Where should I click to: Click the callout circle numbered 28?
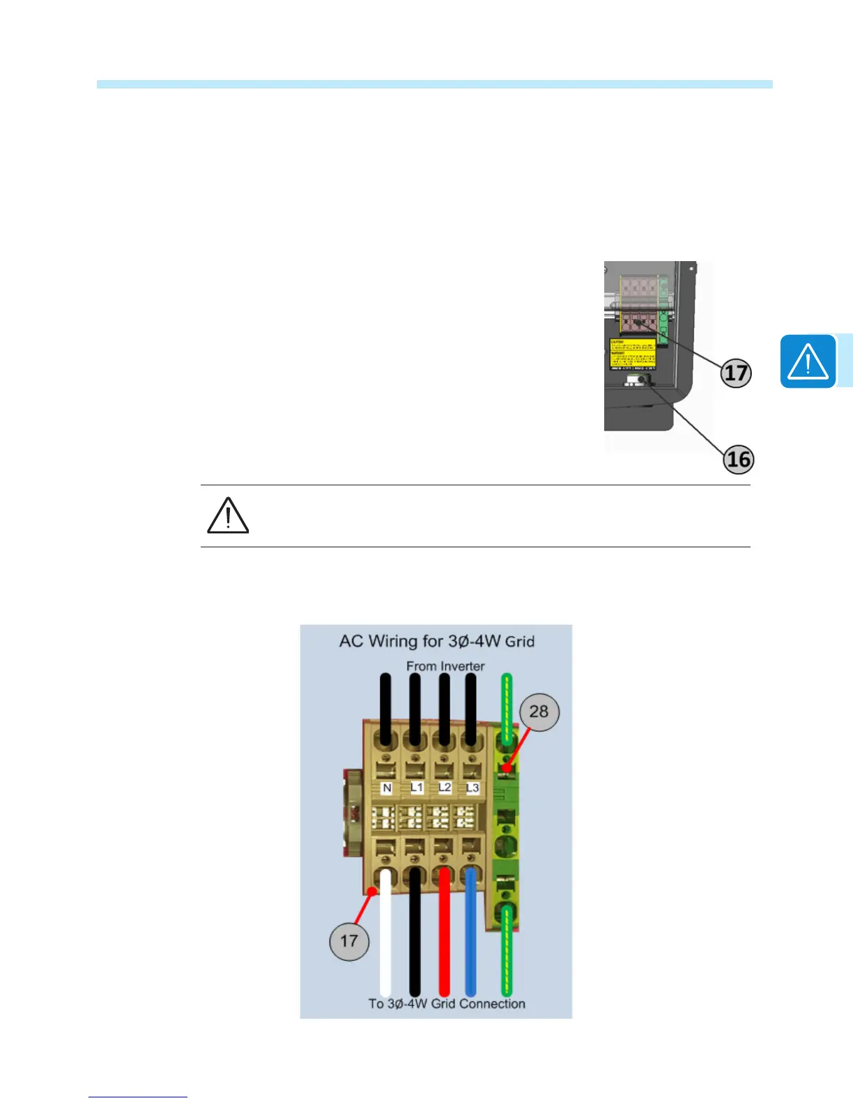539,711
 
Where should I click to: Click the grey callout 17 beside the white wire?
348,941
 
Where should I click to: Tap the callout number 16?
739,460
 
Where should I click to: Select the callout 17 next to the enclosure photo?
736,373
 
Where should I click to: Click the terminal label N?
387,788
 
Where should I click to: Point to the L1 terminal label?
416,788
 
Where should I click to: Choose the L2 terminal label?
445,787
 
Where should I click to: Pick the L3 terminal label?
472,788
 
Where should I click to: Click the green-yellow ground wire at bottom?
507,954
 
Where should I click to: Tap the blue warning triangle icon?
808,361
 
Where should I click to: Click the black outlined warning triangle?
228,516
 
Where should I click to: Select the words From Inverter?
445,666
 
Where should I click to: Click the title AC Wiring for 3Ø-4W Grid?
436,641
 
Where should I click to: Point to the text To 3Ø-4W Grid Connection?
447,1003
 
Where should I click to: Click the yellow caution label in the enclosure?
632,354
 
